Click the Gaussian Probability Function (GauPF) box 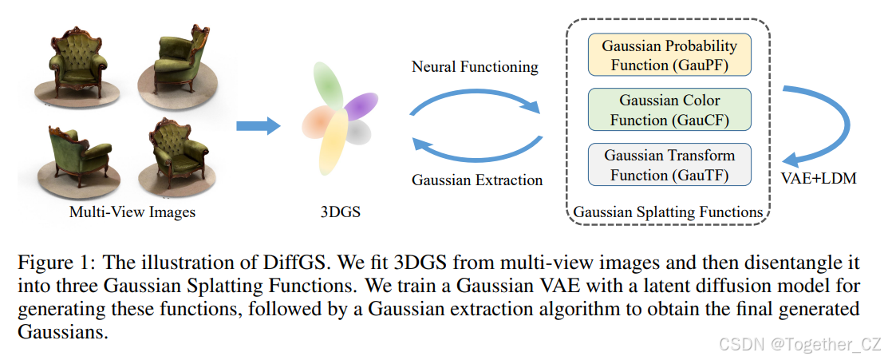[669, 54]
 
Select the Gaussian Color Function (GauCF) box [669, 110]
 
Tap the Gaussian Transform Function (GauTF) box [669, 165]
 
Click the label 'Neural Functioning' [475, 67]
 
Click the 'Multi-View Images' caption [132, 212]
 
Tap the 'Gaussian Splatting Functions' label [669, 212]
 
